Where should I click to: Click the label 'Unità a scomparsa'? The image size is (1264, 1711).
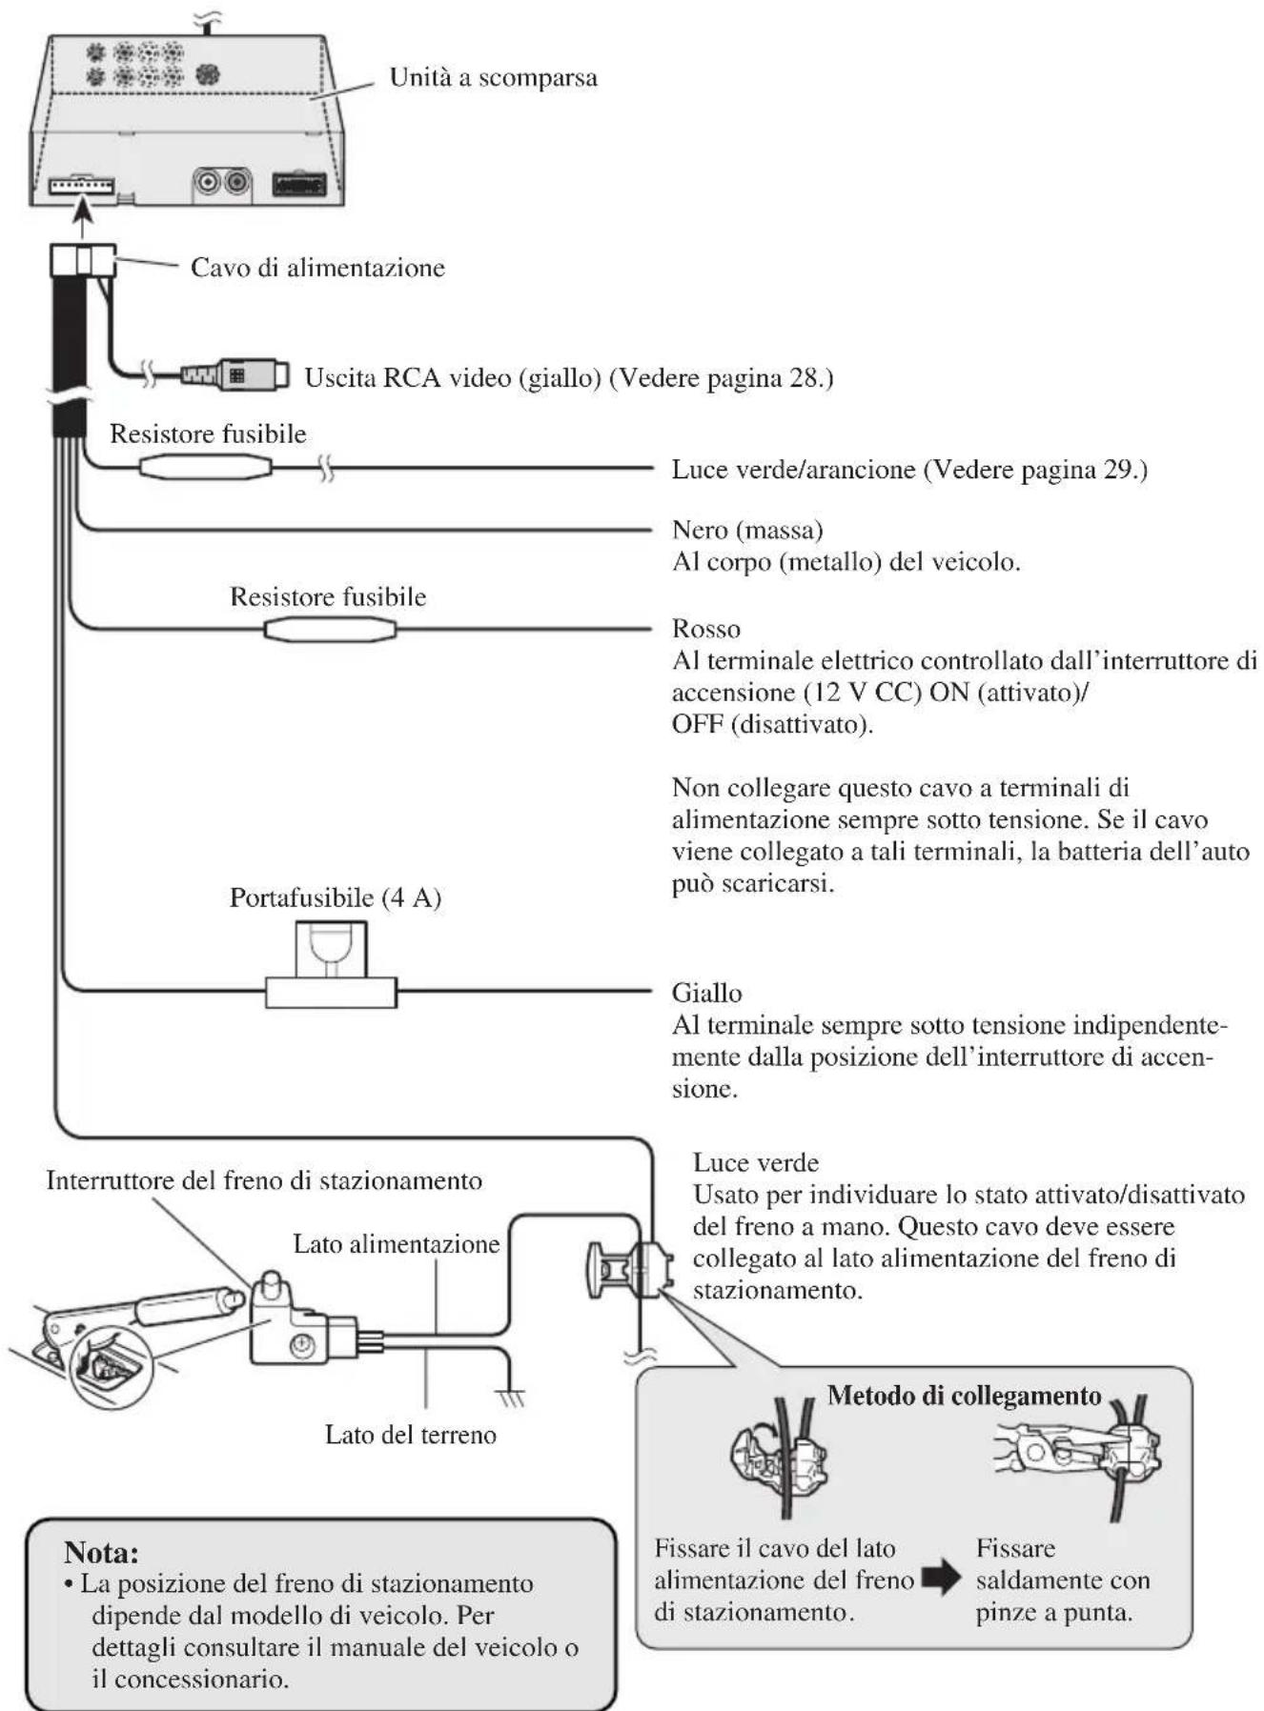click(493, 78)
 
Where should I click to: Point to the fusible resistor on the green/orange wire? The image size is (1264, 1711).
click(205, 467)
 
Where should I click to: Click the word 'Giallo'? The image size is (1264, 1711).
click(706, 993)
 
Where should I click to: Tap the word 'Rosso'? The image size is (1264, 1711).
click(705, 629)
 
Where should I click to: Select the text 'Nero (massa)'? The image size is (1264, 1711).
click(747, 530)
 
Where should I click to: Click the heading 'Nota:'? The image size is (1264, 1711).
click(101, 1552)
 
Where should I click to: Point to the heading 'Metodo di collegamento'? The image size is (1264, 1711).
click(964, 1396)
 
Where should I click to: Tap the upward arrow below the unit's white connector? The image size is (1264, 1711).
click(83, 217)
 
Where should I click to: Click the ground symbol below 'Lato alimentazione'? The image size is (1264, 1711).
click(512, 1398)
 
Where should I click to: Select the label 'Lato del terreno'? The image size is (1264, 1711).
click(410, 1435)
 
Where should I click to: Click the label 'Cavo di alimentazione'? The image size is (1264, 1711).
click(317, 268)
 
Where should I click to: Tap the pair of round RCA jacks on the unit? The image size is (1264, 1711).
click(222, 181)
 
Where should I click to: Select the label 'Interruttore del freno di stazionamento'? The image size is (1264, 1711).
click(264, 1181)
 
